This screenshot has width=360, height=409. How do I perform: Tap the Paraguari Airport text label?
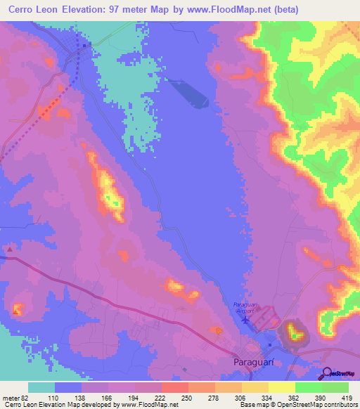pos(245,307)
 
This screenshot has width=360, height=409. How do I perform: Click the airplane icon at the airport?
pos(245,320)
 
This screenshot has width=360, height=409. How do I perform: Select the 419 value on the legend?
pos(347,397)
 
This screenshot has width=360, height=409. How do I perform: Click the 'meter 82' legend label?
pos(13,397)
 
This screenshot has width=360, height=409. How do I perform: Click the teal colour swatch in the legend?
pos(41,387)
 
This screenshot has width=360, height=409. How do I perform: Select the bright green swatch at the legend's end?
pos(335,387)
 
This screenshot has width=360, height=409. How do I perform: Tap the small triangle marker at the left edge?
pos(10,249)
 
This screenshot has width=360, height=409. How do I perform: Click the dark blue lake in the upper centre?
pos(188,92)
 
